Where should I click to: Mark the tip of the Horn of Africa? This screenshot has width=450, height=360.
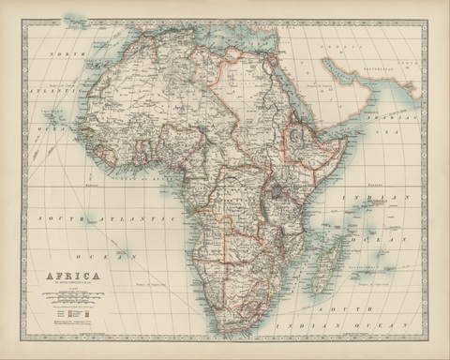[348, 141]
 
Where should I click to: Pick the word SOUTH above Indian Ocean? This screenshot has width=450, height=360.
[333, 308]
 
